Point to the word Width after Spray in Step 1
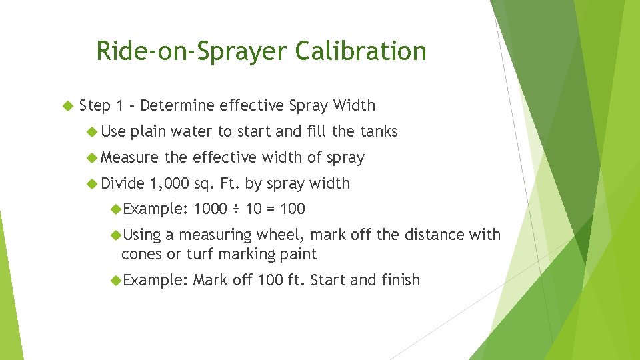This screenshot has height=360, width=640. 354,105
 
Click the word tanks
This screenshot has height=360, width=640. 379,131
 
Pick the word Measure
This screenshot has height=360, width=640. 130,157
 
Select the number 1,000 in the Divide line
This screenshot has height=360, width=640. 170,183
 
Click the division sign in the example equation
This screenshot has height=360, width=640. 236,209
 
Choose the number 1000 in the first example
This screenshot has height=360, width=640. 210,209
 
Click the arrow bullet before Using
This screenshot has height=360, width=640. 116,235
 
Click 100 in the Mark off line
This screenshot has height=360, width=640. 270,280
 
